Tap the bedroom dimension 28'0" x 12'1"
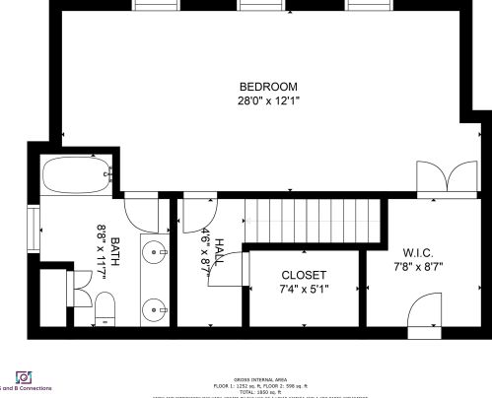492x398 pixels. [x=268, y=100]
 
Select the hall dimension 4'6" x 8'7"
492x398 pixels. [x=206, y=250]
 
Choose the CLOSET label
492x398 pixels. [x=304, y=275]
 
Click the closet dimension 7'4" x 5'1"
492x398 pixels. [x=304, y=290]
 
